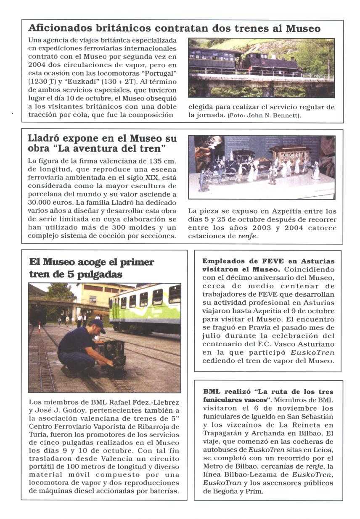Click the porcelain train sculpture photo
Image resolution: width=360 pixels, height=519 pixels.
[x=261, y=167]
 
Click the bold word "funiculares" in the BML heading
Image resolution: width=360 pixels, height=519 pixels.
[x=222, y=399]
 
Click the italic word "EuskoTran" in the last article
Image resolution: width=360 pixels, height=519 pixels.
[x=220, y=483]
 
